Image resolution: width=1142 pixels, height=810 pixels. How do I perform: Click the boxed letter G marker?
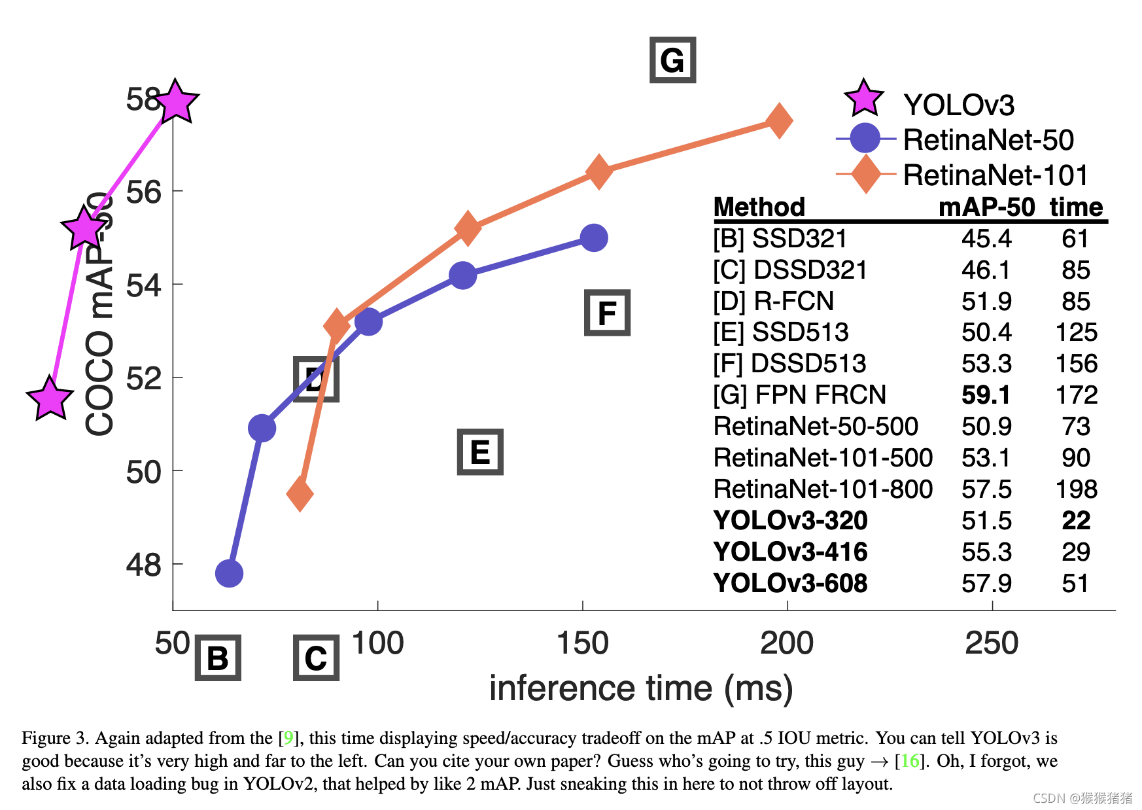pos(672,60)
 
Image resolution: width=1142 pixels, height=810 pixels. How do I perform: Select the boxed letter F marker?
pos(607,313)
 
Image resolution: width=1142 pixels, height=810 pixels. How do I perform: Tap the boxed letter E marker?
pos(480,452)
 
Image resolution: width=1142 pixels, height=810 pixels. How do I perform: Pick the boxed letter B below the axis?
pos(218,658)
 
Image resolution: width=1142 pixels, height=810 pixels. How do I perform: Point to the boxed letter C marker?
pos(316,658)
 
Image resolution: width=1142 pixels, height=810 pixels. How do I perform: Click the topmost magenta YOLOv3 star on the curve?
pos(175,103)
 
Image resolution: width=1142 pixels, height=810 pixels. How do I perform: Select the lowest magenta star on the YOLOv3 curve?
pos(50,398)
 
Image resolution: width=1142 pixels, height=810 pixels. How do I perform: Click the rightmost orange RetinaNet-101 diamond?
pos(778,120)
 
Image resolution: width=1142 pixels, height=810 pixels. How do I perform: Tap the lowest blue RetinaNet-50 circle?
pos(229,574)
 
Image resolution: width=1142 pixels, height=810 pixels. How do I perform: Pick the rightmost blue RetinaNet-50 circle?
pos(593,238)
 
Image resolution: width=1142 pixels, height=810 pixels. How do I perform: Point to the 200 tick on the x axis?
pos(787,643)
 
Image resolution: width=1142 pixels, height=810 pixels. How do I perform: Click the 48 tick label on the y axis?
pos(143,565)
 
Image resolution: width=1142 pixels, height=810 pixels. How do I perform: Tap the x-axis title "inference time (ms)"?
pos(641,688)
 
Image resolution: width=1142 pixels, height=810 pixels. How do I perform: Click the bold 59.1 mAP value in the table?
pos(986,395)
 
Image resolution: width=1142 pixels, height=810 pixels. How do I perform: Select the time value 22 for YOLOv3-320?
pos(1076,521)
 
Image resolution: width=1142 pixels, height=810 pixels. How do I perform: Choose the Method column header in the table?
pos(759,207)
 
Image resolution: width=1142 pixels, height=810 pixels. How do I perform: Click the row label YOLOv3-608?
pos(790,584)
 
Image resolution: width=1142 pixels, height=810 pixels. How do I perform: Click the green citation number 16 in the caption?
pos(910,761)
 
